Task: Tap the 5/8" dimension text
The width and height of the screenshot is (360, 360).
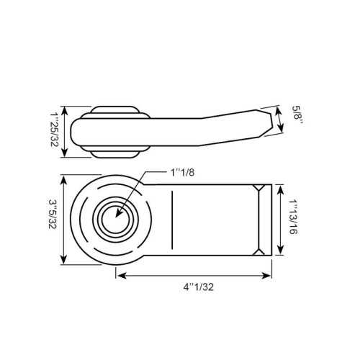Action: (x=297, y=114)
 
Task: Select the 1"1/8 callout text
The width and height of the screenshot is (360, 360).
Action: (x=182, y=172)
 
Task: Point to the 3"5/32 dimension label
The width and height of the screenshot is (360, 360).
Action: (x=53, y=214)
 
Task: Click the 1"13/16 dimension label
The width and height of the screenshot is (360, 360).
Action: (x=293, y=217)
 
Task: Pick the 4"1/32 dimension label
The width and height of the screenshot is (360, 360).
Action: (x=199, y=287)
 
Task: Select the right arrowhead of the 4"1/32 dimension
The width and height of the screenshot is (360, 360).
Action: (x=266, y=276)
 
